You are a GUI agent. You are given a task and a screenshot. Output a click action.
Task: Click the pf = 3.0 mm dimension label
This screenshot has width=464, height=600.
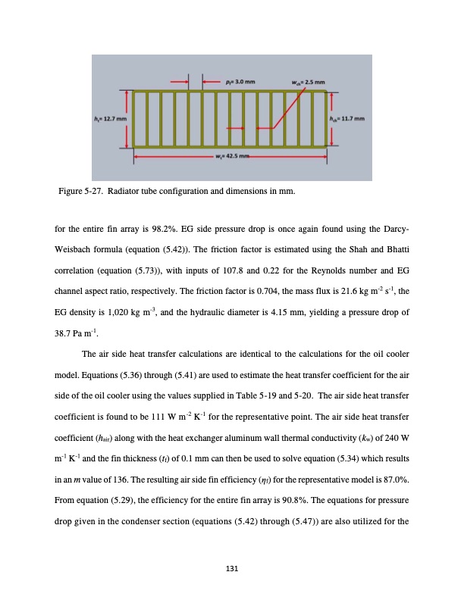tap(241, 80)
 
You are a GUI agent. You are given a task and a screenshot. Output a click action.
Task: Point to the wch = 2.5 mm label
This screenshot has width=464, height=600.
tap(309, 80)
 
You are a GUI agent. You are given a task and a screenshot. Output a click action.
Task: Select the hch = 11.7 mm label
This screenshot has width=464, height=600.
tap(350, 119)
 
